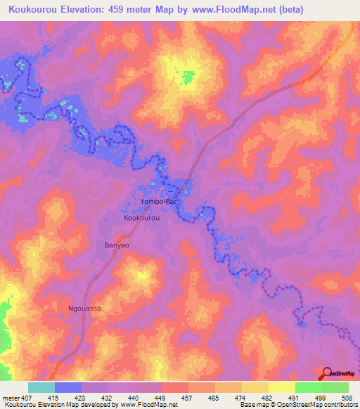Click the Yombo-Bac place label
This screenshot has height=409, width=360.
click(x=157, y=201)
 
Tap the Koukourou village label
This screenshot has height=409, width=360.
click(x=142, y=219)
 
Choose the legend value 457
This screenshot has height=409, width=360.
click(x=188, y=398)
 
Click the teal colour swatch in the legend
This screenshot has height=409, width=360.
click(x=41, y=387)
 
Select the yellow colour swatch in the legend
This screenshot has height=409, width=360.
click(x=281, y=387)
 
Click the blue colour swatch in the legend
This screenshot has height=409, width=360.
click(x=68, y=387)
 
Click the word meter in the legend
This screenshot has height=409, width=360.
click(x=10, y=398)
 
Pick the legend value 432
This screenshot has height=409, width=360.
click(x=108, y=398)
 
